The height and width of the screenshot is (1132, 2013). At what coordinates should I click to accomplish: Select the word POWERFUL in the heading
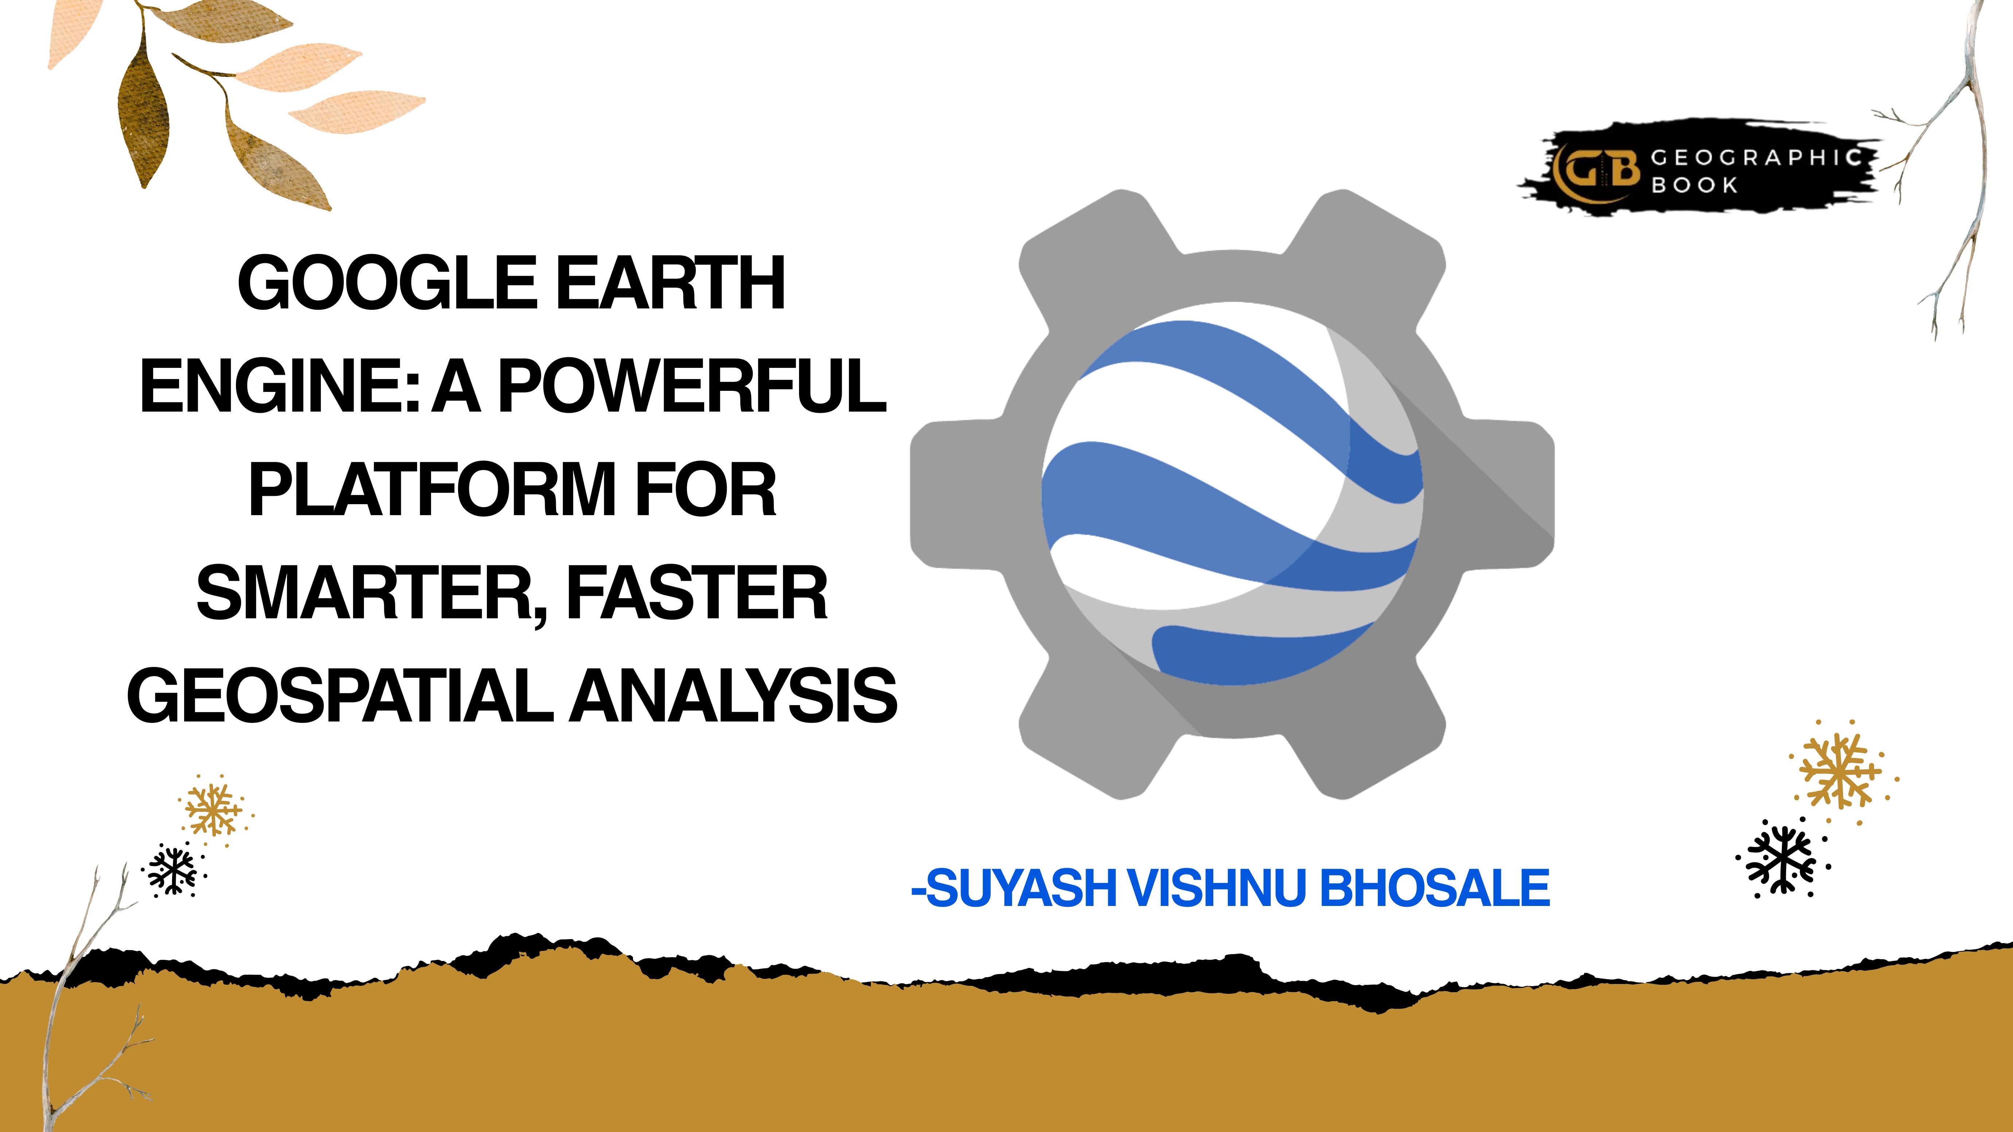[693, 386]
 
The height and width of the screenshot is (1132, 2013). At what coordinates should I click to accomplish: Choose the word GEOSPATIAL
[339, 696]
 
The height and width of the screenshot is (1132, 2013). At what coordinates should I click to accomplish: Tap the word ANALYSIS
[734, 696]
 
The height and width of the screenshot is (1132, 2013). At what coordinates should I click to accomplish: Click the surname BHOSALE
[1435, 888]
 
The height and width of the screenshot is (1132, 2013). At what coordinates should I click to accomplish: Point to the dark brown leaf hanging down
[144, 105]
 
